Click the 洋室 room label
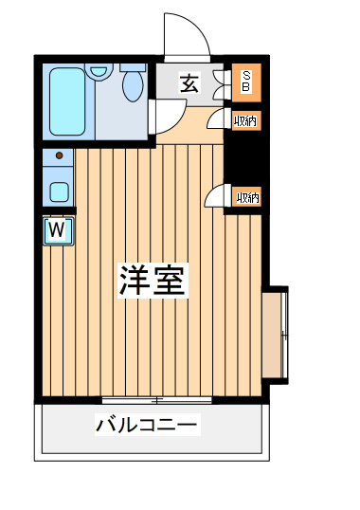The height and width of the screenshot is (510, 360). [153, 280]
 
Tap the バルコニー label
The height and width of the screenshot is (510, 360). [148, 425]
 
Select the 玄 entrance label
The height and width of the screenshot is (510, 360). [189, 83]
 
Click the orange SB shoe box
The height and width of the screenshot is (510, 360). [246, 82]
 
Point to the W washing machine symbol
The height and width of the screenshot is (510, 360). [58, 230]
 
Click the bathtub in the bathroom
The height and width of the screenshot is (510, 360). [68, 101]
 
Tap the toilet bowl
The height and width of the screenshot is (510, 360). [133, 85]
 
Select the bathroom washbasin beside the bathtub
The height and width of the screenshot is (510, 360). [99, 71]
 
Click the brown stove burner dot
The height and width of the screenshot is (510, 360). [59, 155]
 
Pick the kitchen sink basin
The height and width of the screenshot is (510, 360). [59, 191]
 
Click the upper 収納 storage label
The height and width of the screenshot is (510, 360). [245, 121]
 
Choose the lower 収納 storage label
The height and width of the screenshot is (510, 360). [248, 198]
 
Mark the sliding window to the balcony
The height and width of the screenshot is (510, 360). [156, 400]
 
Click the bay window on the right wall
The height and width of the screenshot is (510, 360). [275, 335]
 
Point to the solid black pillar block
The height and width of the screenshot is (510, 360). [243, 157]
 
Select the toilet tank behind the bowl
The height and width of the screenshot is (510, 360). [133, 67]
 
